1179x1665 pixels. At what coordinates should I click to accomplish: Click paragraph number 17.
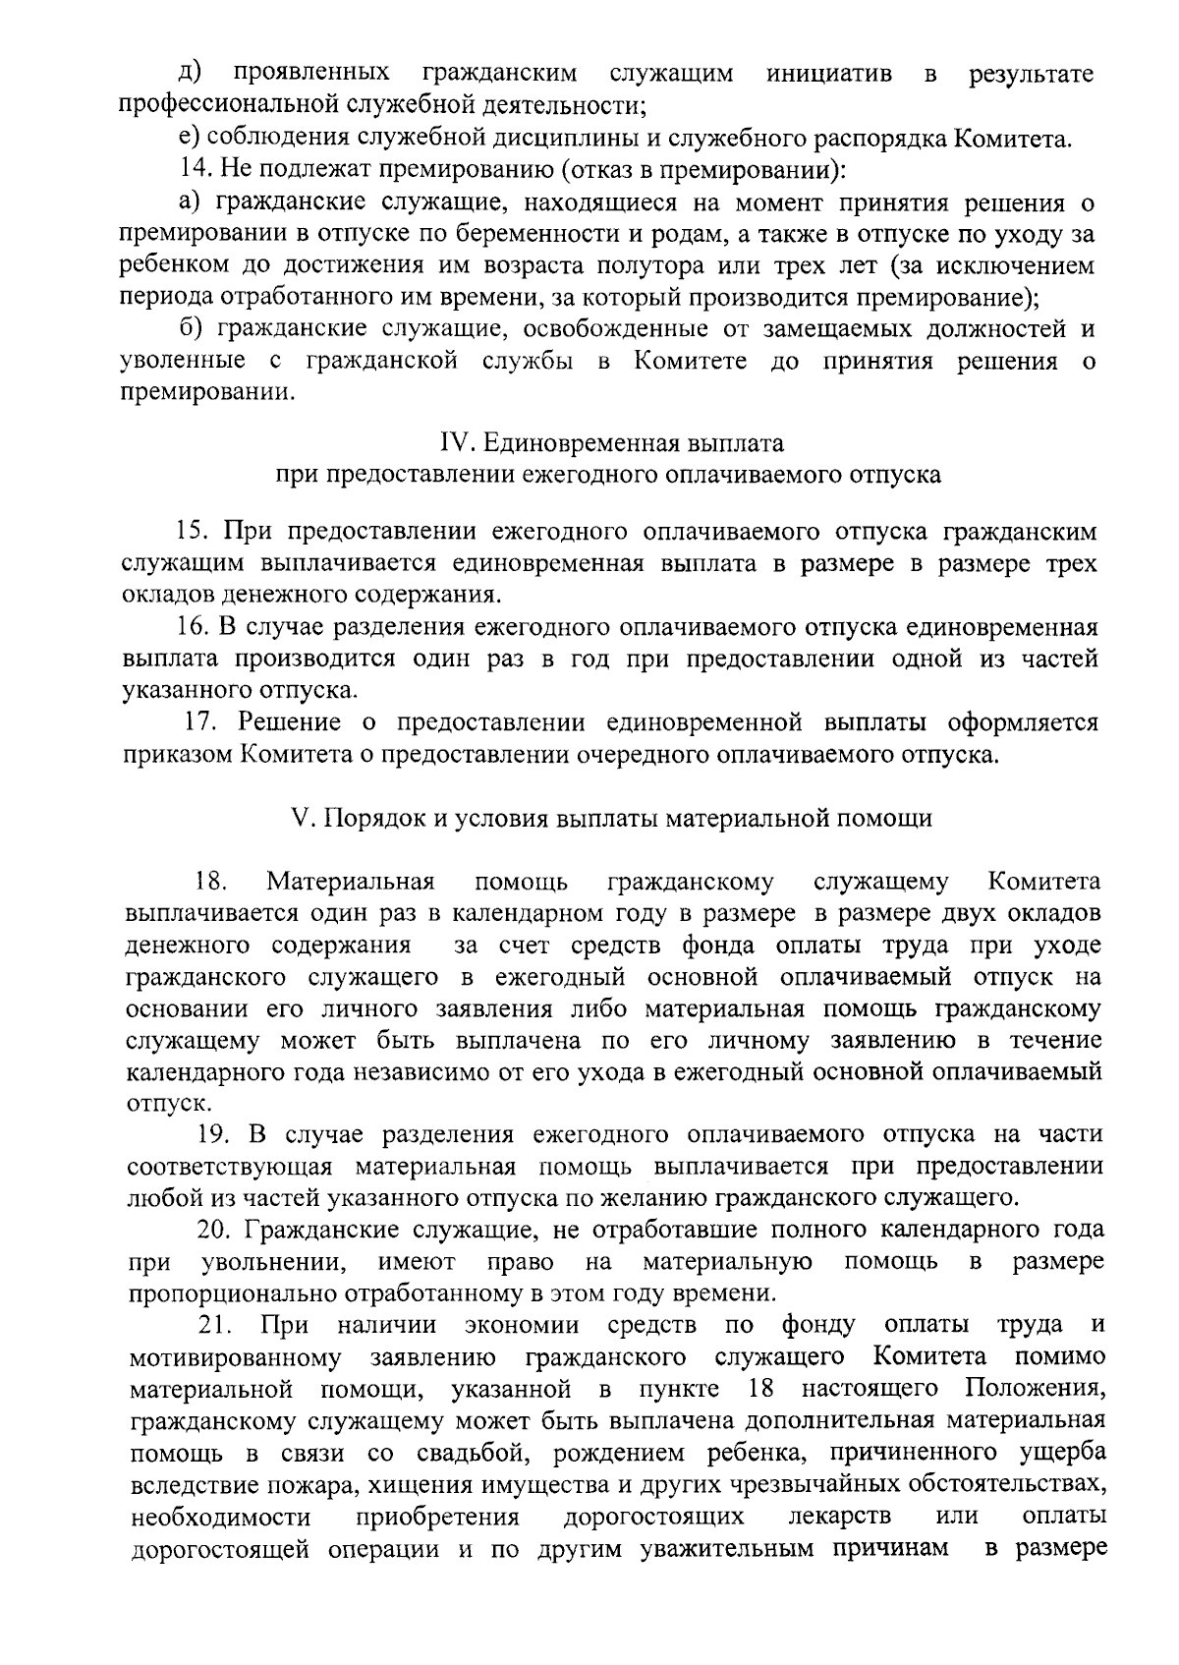(x=201, y=722)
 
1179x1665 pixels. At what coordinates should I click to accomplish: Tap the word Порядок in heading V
(x=366, y=818)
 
